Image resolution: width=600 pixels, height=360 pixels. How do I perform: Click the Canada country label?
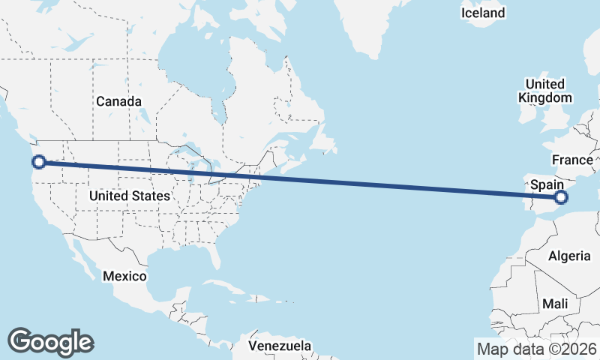click(x=118, y=100)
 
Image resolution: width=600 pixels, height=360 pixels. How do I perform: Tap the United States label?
click(x=129, y=196)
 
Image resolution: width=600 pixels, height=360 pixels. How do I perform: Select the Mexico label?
click(x=124, y=276)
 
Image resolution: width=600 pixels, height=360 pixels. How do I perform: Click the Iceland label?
click(x=483, y=13)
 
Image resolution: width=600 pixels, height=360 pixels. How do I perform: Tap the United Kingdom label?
click(x=544, y=90)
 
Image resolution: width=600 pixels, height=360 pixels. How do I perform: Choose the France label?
click(x=571, y=160)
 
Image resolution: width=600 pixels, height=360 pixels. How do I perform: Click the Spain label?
click(x=547, y=183)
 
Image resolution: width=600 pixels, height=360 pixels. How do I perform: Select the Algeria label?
click(x=569, y=256)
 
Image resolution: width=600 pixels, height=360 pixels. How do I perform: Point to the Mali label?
click(x=556, y=304)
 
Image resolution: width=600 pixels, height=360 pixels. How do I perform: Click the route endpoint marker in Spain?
click(x=560, y=198)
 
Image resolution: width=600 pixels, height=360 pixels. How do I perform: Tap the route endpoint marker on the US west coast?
click(x=39, y=161)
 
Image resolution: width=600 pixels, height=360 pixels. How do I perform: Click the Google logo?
click(x=50, y=341)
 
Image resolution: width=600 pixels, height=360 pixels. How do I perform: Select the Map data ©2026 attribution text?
click(x=536, y=349)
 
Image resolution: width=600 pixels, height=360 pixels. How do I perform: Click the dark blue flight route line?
click(x=300, y=180)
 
